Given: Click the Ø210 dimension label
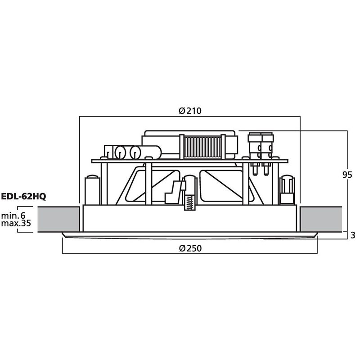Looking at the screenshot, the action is [190, 111].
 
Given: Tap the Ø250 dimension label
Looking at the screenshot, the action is [190, 248].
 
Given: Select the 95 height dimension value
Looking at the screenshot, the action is [347, 175].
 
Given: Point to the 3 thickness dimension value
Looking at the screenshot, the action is [353, 235].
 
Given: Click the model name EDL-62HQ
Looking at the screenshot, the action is [24, 197].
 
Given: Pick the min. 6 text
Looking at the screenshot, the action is [13, 216].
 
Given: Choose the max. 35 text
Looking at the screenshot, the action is [16, 223].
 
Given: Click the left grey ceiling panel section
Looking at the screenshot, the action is [58, 219].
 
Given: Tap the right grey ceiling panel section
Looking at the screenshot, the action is [321, 219].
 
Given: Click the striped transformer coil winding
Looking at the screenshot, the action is [202, 148].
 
